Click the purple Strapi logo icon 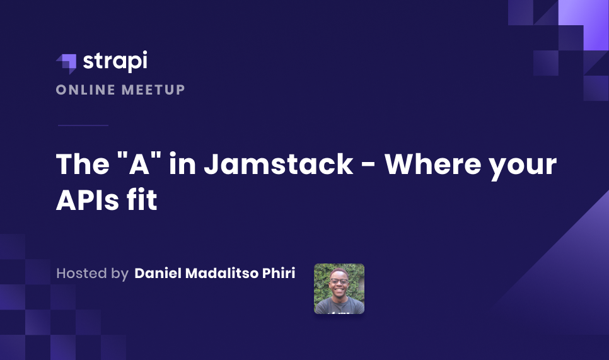pos(66,63)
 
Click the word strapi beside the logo pos(114,62)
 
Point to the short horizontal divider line pos(83,125)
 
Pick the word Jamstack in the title pos(279,164)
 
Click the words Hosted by pos(92,274)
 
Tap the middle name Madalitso pos(222,274)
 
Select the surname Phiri pos(279,274)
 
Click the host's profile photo pos(339,289)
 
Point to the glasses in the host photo pos(339,281)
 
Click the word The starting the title pos(80,164)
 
